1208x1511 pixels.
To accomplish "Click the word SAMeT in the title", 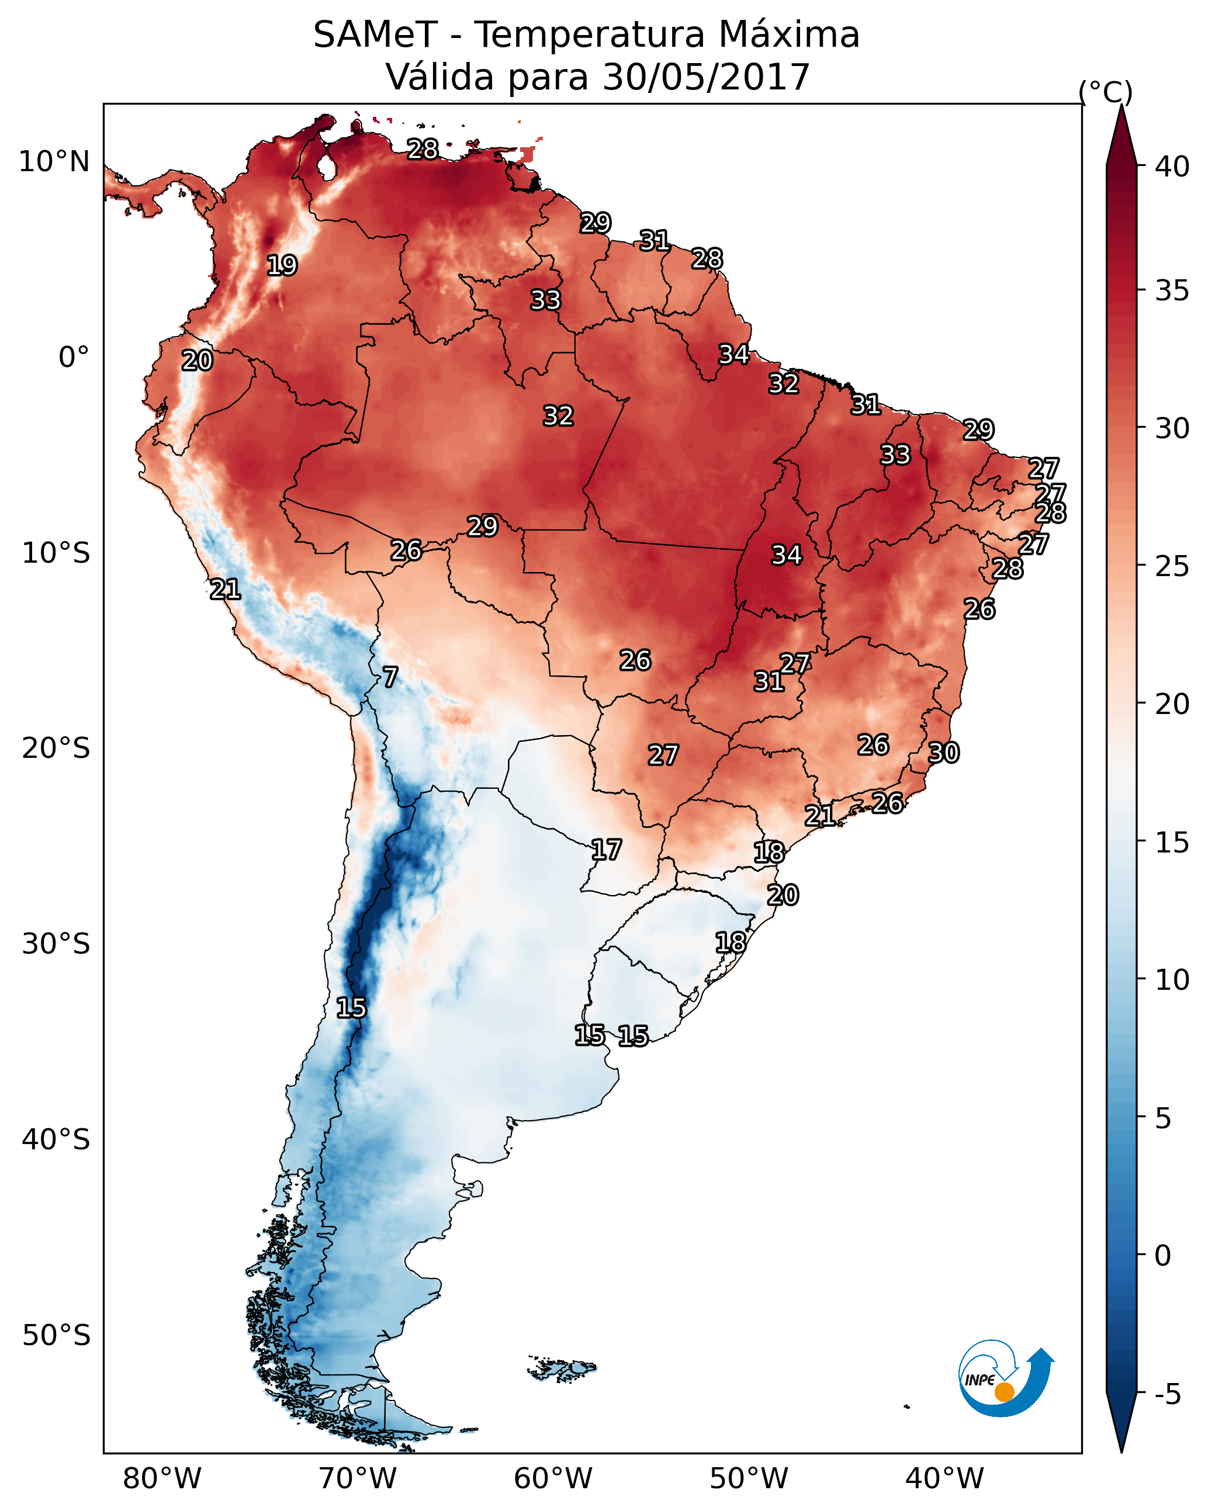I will tap(375, 35).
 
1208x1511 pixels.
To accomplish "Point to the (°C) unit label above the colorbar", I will tap(1105, 92).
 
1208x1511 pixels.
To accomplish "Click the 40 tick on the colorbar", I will tap(1172, 167).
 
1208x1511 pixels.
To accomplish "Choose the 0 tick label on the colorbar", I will tap(1163, 1255).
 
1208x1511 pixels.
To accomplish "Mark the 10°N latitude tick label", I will tap(54, 162).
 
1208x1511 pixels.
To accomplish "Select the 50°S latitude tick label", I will tap(56, 1336).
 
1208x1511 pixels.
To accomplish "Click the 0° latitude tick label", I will tap(74, 358).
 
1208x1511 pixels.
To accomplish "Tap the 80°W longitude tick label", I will tap(162, 1478).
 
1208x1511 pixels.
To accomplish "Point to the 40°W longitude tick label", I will tap(944, 1478).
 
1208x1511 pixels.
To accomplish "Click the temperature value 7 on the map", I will tap(390, 677).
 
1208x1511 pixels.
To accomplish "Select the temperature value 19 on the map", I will tap(282, 266).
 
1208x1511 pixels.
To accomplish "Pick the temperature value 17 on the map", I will tap(605, 850).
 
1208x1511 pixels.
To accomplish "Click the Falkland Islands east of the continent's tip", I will tap(563, 1369).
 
